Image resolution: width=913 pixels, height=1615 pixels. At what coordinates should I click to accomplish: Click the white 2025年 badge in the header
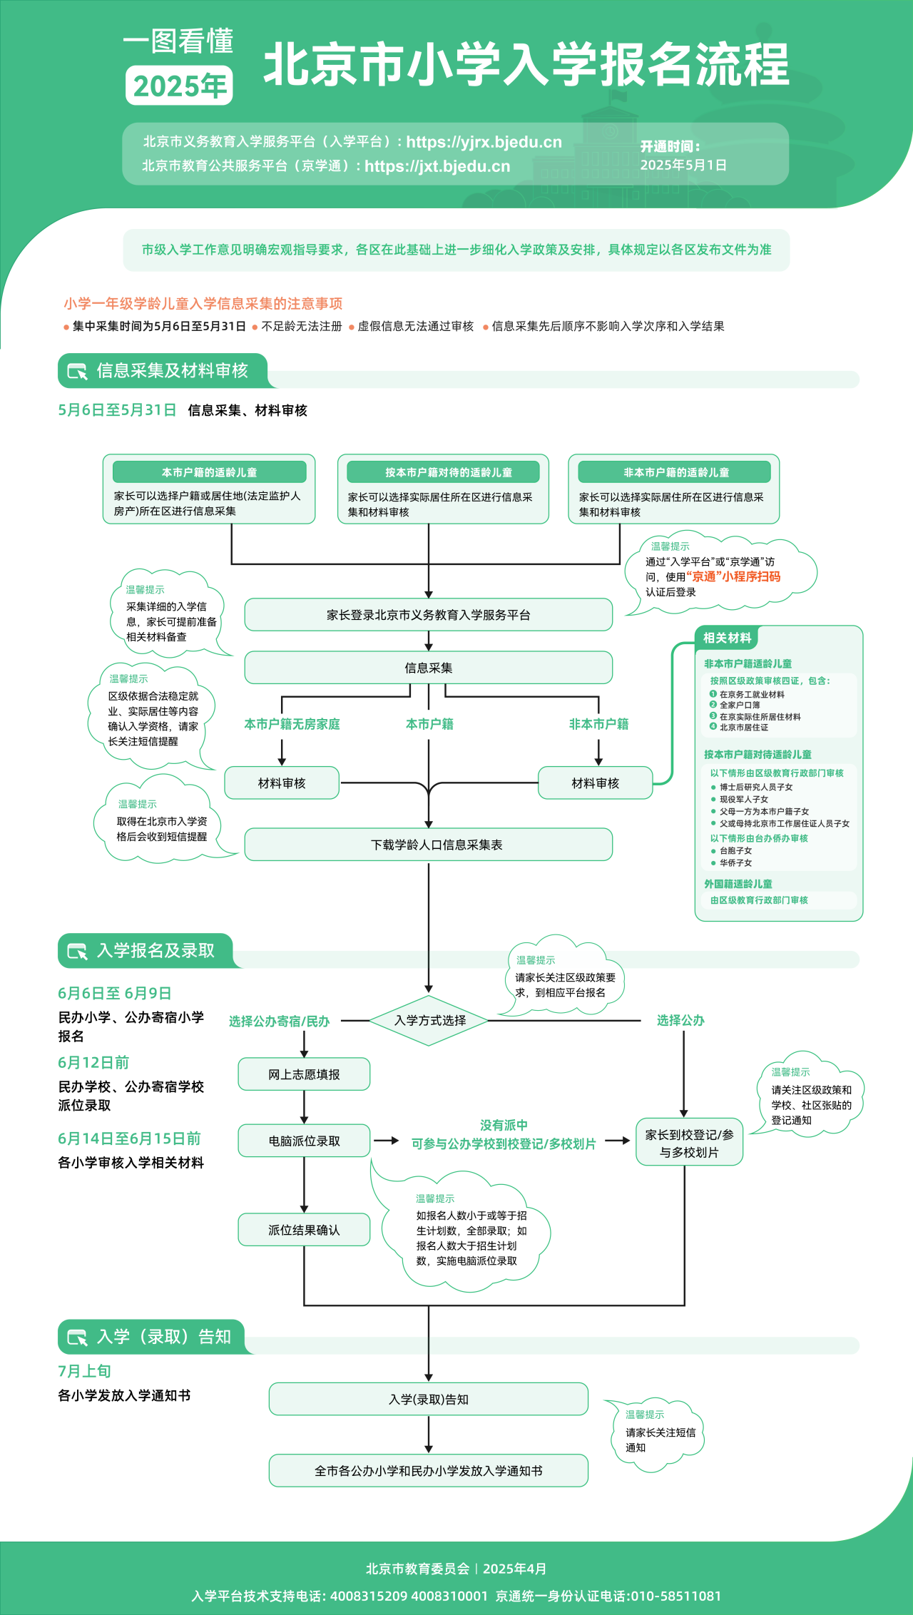[179, 86]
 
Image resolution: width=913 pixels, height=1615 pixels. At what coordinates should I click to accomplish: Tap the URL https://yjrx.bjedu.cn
[484, 142]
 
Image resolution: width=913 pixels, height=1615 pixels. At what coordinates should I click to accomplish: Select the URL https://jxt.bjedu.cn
[437, 166]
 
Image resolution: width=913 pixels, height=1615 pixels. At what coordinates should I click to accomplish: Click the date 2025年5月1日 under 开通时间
[683, 165]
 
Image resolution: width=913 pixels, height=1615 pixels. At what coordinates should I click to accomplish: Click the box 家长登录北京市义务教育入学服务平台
[428, 615]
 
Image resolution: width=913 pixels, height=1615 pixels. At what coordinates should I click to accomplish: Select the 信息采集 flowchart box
[428, 668]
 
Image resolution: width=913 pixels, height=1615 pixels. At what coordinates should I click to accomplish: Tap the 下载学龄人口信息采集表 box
[428, 845]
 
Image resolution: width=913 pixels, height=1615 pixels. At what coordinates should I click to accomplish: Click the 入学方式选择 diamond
[429, 1021]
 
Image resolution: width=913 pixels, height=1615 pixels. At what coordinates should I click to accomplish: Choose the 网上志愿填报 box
[304, 1074]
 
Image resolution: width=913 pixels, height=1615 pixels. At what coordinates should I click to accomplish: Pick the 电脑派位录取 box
[304, 1141]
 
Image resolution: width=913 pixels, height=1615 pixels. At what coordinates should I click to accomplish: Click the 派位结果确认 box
[304, 1230]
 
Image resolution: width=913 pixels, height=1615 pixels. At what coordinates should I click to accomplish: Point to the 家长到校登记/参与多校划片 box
[689, 1143]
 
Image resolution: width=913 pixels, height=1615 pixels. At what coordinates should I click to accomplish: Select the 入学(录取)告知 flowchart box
[428, 1400]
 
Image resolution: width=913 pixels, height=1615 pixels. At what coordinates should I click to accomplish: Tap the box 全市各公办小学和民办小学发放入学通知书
[428, 1471]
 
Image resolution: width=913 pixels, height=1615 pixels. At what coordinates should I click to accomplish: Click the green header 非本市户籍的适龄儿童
[675, 472]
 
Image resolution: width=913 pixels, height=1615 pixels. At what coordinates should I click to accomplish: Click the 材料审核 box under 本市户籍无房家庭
[282, 783]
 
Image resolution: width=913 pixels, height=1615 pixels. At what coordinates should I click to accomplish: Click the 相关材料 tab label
[727, 638]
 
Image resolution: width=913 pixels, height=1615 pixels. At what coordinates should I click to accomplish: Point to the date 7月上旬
[84, 1371]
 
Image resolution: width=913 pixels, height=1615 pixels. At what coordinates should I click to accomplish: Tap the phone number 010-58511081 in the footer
[675, 1596]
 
